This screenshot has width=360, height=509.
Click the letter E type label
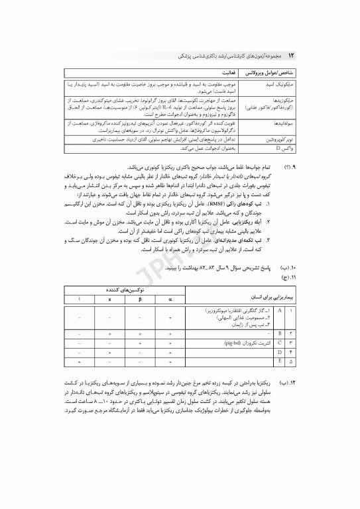279,363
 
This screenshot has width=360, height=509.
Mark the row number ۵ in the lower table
292,363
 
